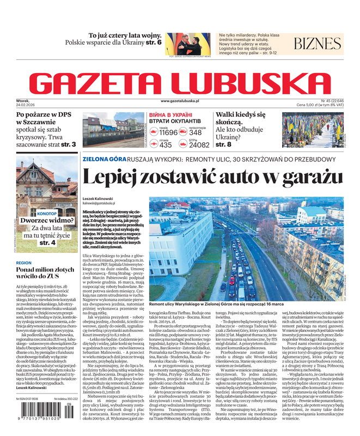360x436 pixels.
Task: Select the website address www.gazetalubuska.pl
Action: pos(180,101)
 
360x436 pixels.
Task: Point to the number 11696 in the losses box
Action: pos(168,132)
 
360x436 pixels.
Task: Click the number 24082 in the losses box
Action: pos(199,145)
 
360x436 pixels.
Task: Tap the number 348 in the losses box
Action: pos(196,132)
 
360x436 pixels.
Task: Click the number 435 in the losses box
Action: pos(166,145)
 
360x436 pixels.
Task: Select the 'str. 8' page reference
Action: pos(224,144)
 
